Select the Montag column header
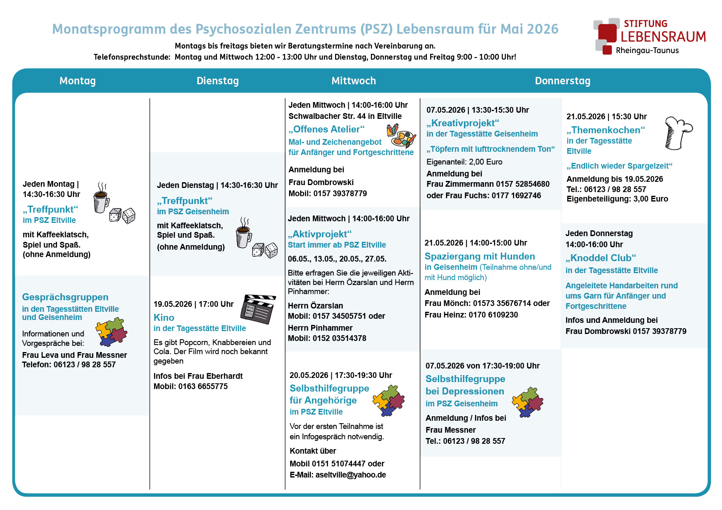(x=77, y=81)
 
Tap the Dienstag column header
(x=217, y=81)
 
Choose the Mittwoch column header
(x=354, y=81)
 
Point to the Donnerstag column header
(x=562, y=81)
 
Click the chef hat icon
(x=678, y=133)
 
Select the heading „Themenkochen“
(x=606, y=130)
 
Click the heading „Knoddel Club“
(x=601, y=258)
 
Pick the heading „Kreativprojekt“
(x=463, y=123)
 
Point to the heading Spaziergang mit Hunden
(x=480, y=256)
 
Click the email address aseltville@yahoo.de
(x=351, y=475)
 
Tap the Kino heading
(x=164, y=318)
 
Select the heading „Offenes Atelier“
(x=326, y=129)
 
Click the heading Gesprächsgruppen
(x=65, y=297)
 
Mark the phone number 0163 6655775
(x=203, y=386)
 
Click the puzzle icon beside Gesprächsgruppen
(x=112, y=331)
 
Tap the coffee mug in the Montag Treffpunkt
(x=101, y=199)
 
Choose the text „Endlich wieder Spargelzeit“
(x=619, y=166)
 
